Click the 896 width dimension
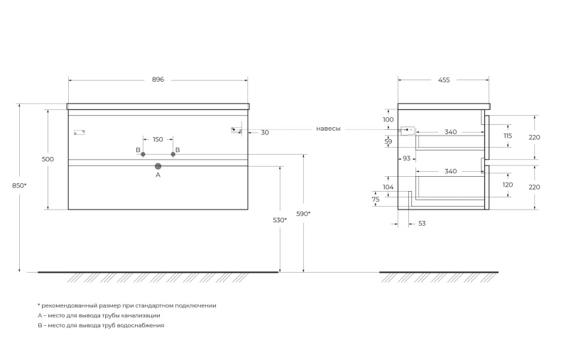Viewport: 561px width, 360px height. point(158,80)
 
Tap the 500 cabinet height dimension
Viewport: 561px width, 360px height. point(48,160)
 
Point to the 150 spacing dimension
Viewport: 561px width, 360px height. point(158,139)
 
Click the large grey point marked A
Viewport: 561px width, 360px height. point(158,166)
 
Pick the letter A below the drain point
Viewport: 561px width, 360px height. point(158,174)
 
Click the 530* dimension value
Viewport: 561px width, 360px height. point(280,220)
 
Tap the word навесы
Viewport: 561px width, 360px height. point(328,129)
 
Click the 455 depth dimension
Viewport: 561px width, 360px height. point(444,80)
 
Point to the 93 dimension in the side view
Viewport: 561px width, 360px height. point(407,158)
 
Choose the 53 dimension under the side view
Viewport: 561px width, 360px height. point(421,224)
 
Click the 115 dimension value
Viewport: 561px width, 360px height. point(508,136)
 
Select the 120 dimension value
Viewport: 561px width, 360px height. point(508,185)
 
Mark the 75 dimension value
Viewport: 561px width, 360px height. point(376,200)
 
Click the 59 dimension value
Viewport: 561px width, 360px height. point(388,142)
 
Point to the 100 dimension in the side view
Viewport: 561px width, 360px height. point(388,119)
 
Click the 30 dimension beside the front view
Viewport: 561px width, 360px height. point(264,133)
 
